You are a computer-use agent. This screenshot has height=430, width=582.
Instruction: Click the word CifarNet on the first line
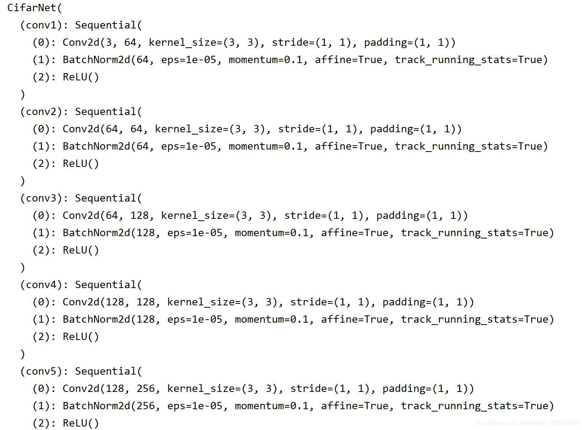tap(32, 8)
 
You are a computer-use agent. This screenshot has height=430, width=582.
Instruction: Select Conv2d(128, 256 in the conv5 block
tap(111, 389)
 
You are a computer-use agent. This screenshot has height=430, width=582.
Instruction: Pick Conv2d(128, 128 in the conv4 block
tap(111, 302)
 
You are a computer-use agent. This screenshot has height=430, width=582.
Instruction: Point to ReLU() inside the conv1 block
tap(81, 77)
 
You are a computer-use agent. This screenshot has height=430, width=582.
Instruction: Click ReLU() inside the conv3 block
tap(81, 250)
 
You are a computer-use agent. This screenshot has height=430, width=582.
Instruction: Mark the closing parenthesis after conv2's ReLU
tap(23, 181)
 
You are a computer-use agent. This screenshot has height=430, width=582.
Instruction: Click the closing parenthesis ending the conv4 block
tap(23, 354)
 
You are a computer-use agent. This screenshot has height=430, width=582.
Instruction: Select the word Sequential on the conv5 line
tap(105, 372)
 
